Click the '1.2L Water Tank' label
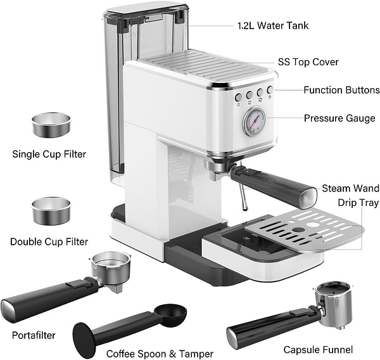point(273,25)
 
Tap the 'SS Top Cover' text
point(308,62)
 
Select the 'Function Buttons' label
point(342,90)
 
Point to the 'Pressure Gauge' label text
point(339,118)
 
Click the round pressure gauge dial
point(254,120)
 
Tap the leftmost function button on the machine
point(239,98)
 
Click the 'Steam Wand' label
point(350,188)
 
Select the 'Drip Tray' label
point(358,203)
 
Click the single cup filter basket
point(51,124)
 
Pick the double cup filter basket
point(51,210)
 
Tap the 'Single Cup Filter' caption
point(49,154)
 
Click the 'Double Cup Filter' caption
point(49,241)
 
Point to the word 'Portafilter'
point(34,335)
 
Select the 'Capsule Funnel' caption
point(318,350)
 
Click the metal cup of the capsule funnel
point(334,304)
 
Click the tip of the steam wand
point(245,208)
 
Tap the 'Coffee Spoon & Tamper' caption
point(160,354)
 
